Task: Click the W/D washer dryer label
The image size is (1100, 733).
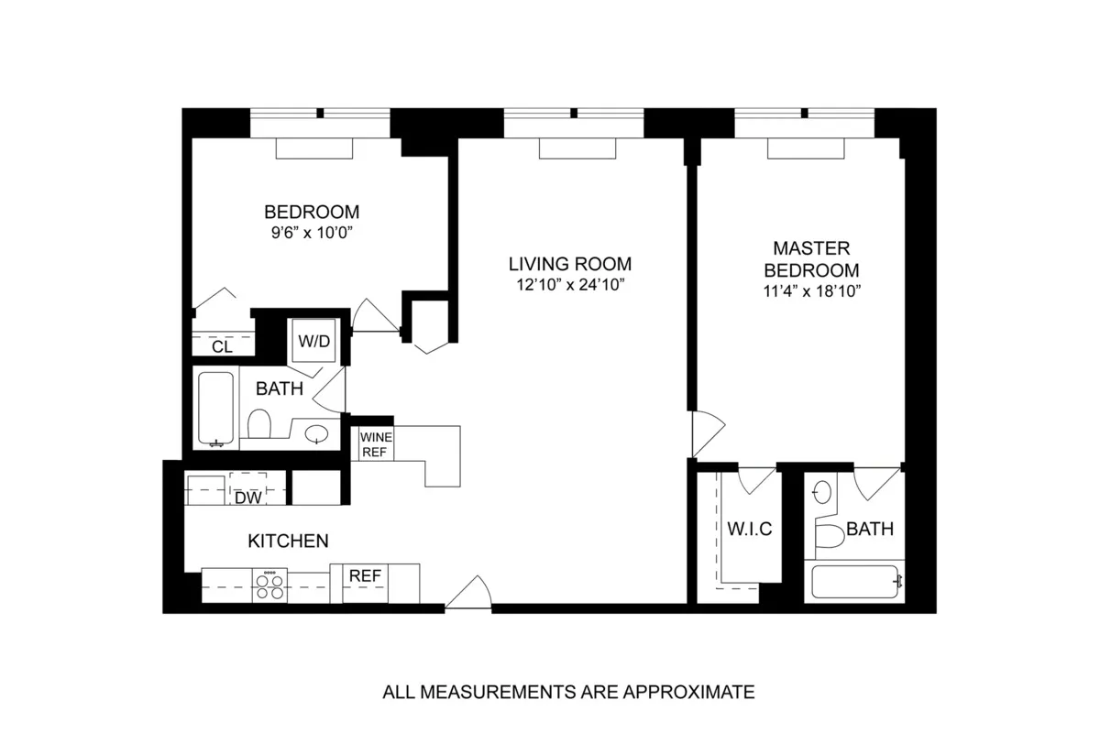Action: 313,341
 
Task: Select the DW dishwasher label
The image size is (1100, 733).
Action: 247,498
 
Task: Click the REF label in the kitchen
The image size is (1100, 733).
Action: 366,575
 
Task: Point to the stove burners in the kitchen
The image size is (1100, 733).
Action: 270,585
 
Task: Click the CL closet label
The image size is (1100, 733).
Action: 221,347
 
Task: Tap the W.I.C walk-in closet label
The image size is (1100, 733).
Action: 750,530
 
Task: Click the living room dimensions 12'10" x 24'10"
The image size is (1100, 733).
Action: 570,285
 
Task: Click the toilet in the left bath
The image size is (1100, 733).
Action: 259,425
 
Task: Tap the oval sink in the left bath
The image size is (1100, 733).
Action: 317,432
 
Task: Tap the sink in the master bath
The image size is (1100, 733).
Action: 821,492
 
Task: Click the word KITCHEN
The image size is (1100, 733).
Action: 288,542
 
